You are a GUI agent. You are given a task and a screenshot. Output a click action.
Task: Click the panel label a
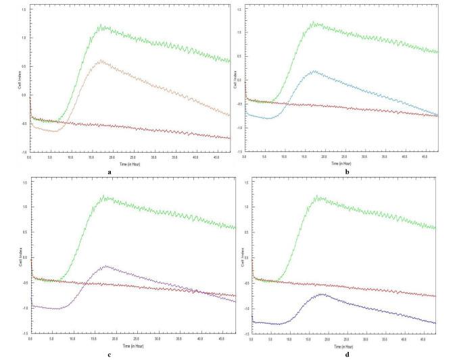(109, 172)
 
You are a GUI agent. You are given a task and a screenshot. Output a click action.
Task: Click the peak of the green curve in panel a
(101, 26)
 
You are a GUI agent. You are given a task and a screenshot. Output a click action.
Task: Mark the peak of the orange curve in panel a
(101, 60)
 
